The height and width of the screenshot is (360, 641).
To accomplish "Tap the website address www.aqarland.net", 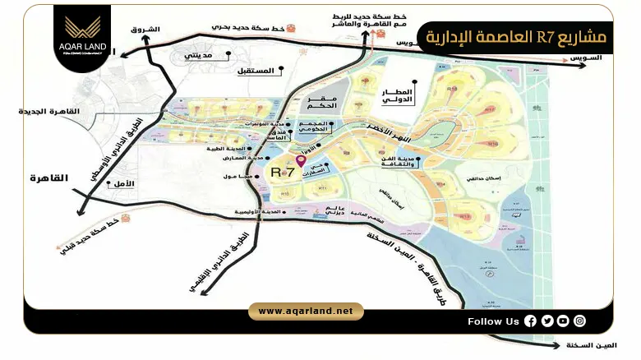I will pos(305,311).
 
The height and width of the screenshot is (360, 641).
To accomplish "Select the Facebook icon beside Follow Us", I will pos(530,321).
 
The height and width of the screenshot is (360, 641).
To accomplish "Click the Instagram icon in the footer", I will pos(580,321).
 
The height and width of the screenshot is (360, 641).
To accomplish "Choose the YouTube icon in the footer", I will pos(563,321).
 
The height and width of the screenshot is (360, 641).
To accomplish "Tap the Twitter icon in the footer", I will pos(546,321).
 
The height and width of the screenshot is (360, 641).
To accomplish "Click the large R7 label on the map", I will pos(282,173).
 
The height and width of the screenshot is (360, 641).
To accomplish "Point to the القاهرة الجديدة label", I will pos(53,111).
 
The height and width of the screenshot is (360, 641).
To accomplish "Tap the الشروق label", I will pos(145,30).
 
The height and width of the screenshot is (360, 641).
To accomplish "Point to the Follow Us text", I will pos(493,321).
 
